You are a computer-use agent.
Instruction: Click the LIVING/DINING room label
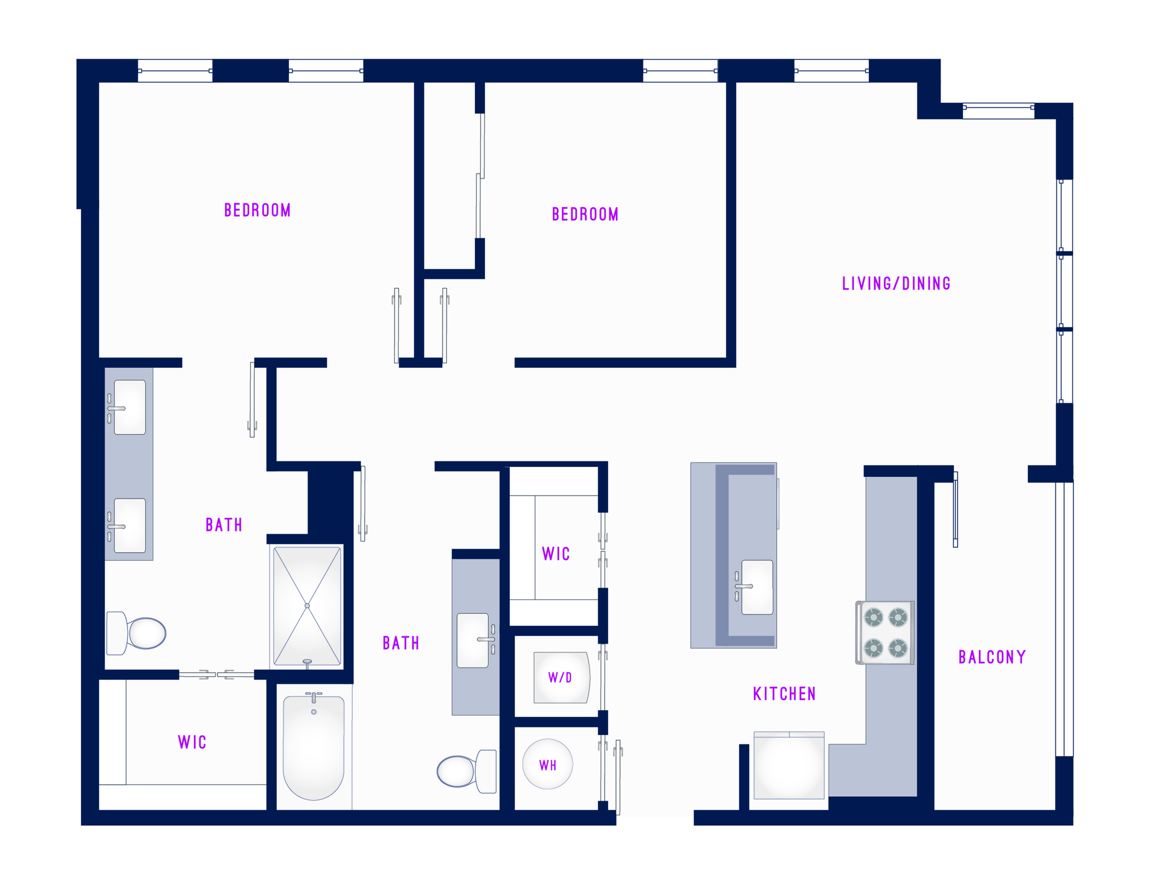896,283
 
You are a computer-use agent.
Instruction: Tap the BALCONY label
992,657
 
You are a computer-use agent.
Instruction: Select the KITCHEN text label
784,694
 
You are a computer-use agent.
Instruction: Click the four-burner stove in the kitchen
885,633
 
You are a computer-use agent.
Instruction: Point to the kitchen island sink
757,587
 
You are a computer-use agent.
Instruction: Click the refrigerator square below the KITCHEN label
789,766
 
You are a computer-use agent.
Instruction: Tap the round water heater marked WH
548,764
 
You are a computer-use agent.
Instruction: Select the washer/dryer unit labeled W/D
561,677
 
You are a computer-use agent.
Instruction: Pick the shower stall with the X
307,606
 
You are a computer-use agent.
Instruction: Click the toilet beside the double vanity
136,634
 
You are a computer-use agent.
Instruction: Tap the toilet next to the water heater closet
467,771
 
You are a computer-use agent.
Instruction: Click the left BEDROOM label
258,211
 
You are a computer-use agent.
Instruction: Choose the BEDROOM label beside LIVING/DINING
585,214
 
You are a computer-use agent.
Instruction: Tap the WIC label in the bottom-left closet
192,742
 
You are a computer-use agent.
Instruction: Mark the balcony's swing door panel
955,509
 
